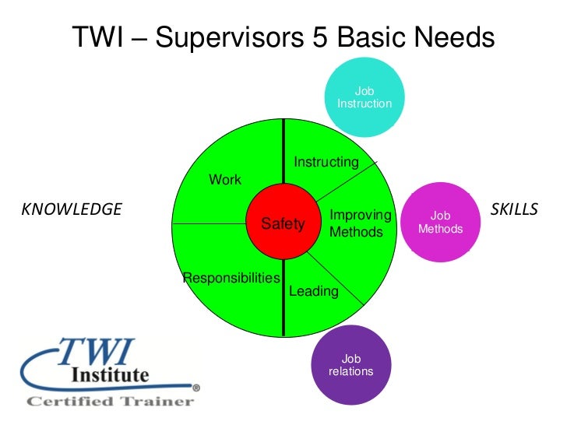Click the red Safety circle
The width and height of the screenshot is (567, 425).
[x=283, y=223]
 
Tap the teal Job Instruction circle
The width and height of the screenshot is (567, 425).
[x=364, y=98]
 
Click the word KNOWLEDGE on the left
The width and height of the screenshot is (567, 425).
[x=71, y=209]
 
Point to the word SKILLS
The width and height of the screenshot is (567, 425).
[x=514, y=209]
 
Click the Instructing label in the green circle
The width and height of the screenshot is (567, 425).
[x=326, y=162]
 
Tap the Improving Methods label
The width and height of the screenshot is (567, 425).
[x=356, y=223]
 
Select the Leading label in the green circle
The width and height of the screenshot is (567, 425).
[x=313, y=291]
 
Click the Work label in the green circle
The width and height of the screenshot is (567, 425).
[x=225, y=180]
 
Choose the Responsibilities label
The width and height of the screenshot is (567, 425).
[x=231, y=278]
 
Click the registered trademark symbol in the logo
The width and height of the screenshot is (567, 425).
[x=196, y=387]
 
